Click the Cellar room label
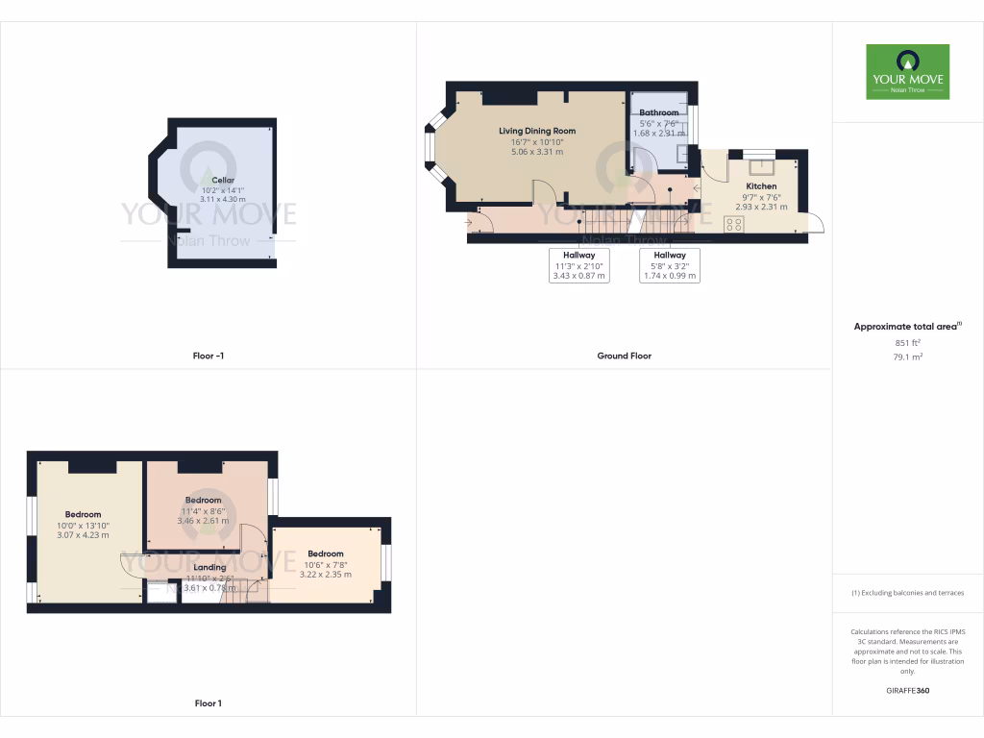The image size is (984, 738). [223, 180]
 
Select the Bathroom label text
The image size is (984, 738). [659, 113]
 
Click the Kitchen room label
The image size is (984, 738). [761, 186]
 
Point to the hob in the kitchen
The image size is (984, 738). [734, 224]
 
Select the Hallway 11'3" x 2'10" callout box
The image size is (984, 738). [579, 265]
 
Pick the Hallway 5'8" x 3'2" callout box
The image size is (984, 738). [670, 265]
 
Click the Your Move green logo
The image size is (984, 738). [907, 71]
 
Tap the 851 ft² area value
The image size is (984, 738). [907, 342]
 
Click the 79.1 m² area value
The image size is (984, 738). [907, 357]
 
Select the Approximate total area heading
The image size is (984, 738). [906, 327]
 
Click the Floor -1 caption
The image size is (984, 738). [208, 356]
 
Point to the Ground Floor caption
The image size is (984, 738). [624, 356]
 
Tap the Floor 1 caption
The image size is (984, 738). [208, 703]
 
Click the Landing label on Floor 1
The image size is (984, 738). [209, 567]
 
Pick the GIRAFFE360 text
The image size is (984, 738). [907, 691]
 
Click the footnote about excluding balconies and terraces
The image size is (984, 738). [907, 593]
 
